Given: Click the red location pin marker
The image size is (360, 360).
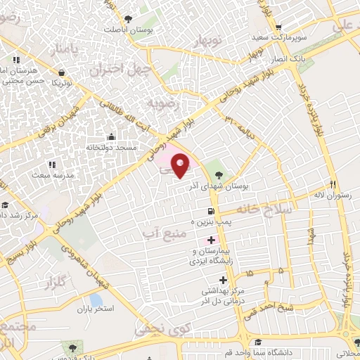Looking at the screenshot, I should (x=181, y=165).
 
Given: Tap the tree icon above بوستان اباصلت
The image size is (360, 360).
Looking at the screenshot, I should (x=127, y=19).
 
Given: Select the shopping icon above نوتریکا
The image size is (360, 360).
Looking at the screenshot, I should (x=63, y=72).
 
